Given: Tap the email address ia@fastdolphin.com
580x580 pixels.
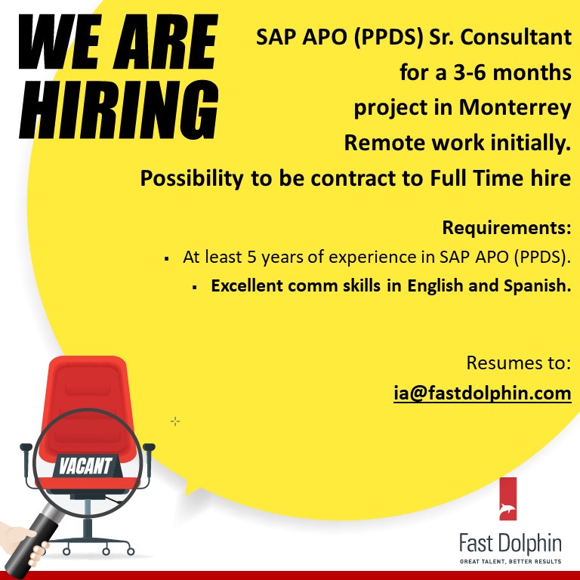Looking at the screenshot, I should tap(482, 393).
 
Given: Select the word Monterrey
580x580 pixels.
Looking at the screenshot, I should tap(514, 108).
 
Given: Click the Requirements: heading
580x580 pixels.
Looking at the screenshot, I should tap(506, 227).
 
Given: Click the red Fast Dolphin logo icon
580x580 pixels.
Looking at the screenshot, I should tap(507, 498).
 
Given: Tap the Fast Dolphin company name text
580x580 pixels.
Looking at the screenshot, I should tap(511, 543).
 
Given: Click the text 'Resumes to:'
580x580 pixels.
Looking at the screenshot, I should tap(518, 362).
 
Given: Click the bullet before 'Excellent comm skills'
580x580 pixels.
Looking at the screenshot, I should tap(194, 288).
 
